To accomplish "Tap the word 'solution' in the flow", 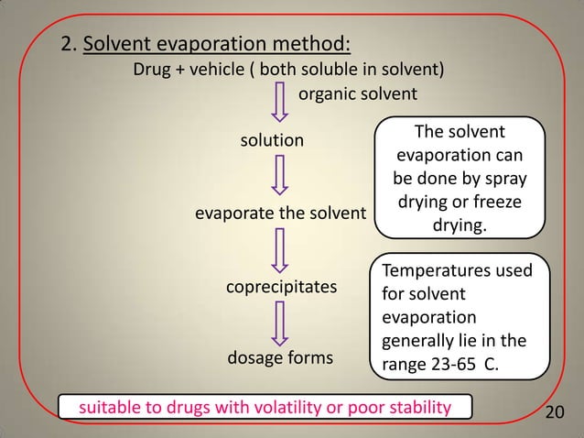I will (x=272, y=140).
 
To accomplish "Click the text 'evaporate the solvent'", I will (x=280, y=214).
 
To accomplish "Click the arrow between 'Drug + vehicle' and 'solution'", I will (x=281, y=102).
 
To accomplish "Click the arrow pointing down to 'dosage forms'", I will (x=281, y=321).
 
